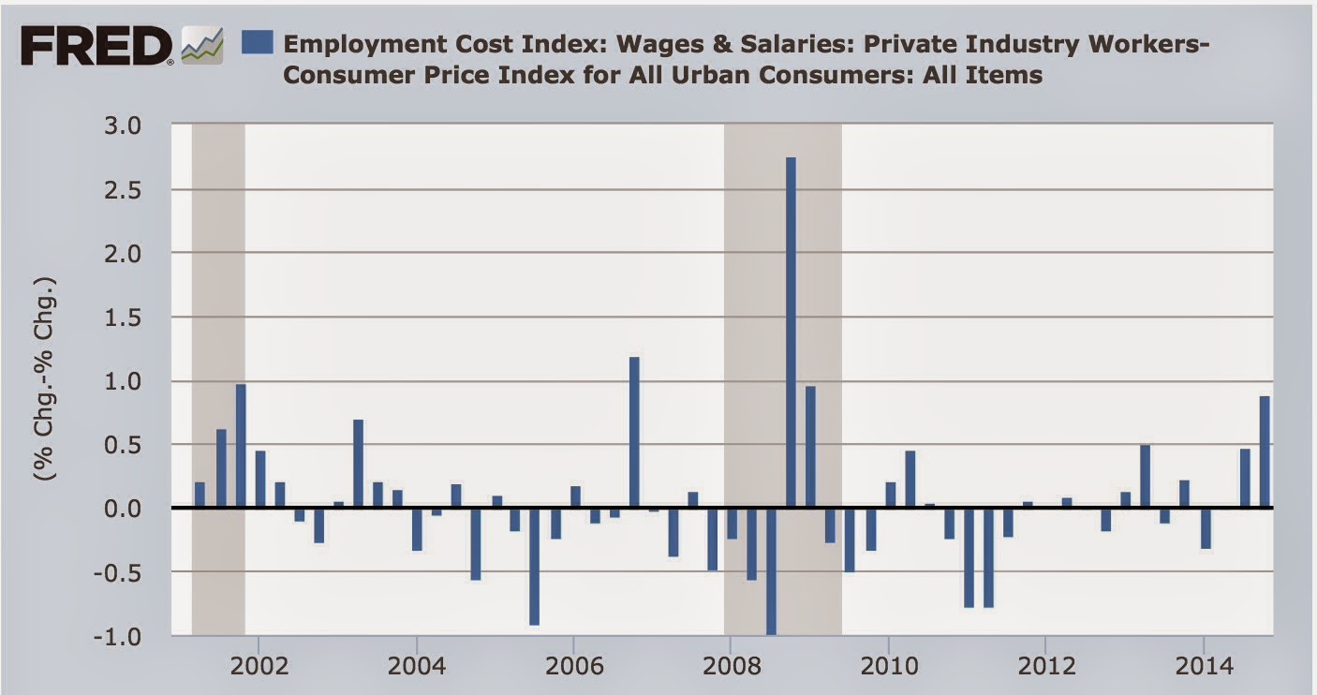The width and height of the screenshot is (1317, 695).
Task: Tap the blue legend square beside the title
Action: pos(257,42)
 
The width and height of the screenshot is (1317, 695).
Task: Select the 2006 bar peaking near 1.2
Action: pos(634,432)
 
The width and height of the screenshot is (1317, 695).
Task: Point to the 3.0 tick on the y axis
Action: pos(141,126)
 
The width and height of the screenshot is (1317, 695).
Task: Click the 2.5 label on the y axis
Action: pos(141,190)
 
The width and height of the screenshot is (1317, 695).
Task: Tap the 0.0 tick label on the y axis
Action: pos(141,509)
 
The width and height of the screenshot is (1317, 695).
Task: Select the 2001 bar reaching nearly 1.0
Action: pos(241,446)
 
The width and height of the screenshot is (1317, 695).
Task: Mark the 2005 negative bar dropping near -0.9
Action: pos(534,566)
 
